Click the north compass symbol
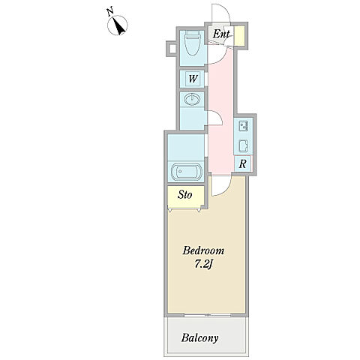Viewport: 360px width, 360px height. pos(118,25)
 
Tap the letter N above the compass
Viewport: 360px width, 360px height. pos(110,11)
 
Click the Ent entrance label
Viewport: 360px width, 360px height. pos(221,34)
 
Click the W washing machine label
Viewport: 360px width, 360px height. pos(193,79)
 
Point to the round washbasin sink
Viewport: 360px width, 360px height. pos(192,99)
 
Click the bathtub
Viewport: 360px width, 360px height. pos(186,172)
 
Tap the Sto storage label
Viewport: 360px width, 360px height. pos(184,195)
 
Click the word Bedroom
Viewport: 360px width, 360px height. pos(203,250)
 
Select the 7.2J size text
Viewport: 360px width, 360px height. pos(203,265)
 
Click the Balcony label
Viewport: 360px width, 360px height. pos(199,338)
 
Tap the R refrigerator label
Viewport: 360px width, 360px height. pos(242,164)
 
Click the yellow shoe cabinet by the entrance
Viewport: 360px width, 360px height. pos(239,36)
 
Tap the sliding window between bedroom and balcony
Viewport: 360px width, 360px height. pos(207,315)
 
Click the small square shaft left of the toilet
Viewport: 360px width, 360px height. pos(172,49)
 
